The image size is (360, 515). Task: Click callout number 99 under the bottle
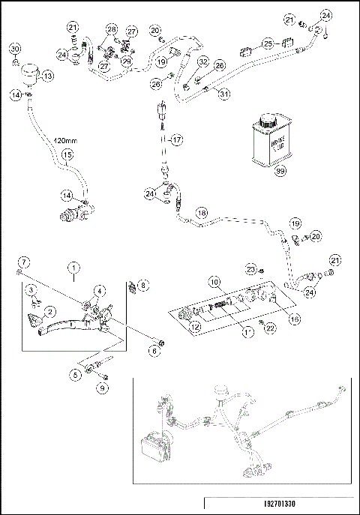coord(282,172)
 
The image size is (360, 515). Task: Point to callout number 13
coord(47,76)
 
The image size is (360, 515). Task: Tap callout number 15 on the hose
coord(66,155)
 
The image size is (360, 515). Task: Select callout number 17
coord(176,139)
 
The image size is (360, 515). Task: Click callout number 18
coord(201,213)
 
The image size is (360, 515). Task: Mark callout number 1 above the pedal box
coord(74,266)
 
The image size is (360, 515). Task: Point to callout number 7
coord(24,262)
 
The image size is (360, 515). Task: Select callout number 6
coord(155,350)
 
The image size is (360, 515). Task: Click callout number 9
coord(103,388)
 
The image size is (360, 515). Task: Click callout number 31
coord(223,93)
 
